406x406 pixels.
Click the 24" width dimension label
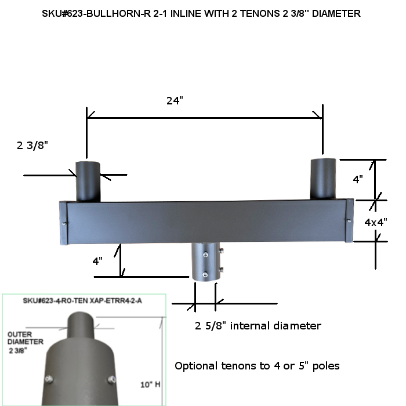point(175,100)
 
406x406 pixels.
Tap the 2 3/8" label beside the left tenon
point(32,146)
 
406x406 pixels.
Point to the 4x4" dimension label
point(376,222)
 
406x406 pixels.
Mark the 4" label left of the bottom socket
point(98,261)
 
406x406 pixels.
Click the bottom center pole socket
point(206,263)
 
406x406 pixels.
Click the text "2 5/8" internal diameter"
point(258,326)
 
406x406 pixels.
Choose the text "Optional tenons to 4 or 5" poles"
point(257,366)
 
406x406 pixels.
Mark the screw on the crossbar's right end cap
point(348,219)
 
